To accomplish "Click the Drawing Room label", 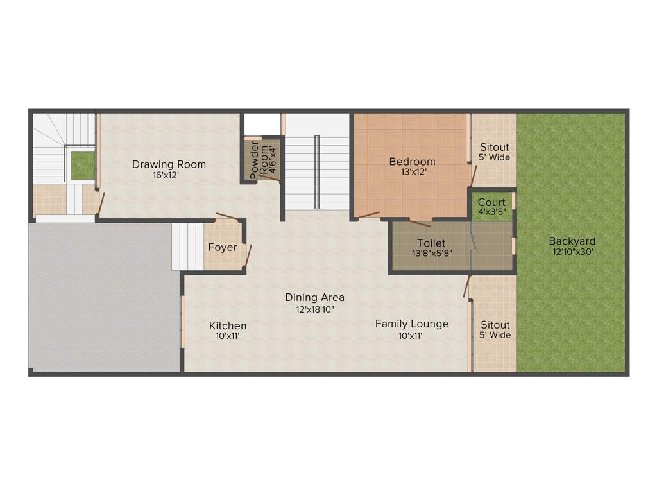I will pyautogui.click(x=169, y=164).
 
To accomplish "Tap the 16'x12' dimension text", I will pyautogui.click(x=169, y=175).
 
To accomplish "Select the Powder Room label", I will pyautogui.click(x=254, y=159).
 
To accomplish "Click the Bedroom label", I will pyautogui.click(x=412, y=162).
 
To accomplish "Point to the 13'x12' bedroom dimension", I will pyautogui.click(x=412, y=171).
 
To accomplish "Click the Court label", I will pyautogui.click(x=491, y=202).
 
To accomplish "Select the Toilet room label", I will pyautogui.click(x=431, y=243).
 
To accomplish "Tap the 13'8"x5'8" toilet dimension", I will pyautogui.click(x=431, y=253).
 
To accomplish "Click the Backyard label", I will pyautogui.click(x=572, y=241).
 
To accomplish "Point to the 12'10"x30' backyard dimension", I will pyautogui.click(x=572, y=252).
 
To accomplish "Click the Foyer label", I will pyautogui.click(x=223, y=247).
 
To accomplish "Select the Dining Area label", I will pyautogui.click(x=314, y=297).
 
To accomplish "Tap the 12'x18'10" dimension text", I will pyautogui.click(x=314, y=309).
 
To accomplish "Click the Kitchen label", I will pyautogui.click(x=228, y=326).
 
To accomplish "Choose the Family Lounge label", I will pyautogui.click(x=412, y=324).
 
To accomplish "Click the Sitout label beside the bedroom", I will pyautogui.click(x=494, y=147).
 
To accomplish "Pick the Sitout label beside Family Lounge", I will pyautogui.click(x=495, y=325).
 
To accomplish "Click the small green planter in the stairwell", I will pyautogui.click(x=82, y=166).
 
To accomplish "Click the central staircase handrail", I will pyautogui.click(x=317, y=171).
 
